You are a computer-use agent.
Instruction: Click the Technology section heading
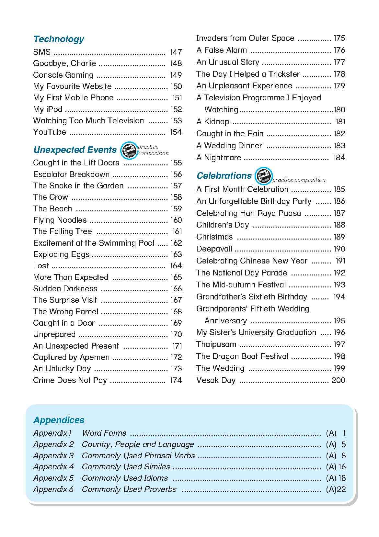[x=59, y=39]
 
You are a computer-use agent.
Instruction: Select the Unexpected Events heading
[x=75, y=150]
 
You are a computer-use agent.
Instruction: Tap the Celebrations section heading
[x=224, y=176]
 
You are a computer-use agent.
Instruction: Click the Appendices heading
[x=59, y=420]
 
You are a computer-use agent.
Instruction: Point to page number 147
[x=176, y=52]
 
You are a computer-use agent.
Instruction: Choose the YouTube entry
[x=50, y=132]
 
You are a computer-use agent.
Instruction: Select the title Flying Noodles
[x=60, y=220]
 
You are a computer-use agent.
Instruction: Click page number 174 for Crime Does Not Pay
[x=176, y=380]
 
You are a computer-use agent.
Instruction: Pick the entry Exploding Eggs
[x=61, y=254]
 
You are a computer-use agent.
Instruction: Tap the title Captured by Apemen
[x=71, y=357]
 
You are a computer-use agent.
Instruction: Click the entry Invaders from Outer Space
[x=245, y=38]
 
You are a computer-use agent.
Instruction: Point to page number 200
[x=339, y=380]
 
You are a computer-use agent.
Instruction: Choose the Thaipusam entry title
[x=216, y=344]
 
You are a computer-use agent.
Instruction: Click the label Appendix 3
[x=53, y=456]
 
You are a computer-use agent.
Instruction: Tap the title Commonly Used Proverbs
[x=129, y=489]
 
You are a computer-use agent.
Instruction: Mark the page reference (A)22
[x=336, y=489]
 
